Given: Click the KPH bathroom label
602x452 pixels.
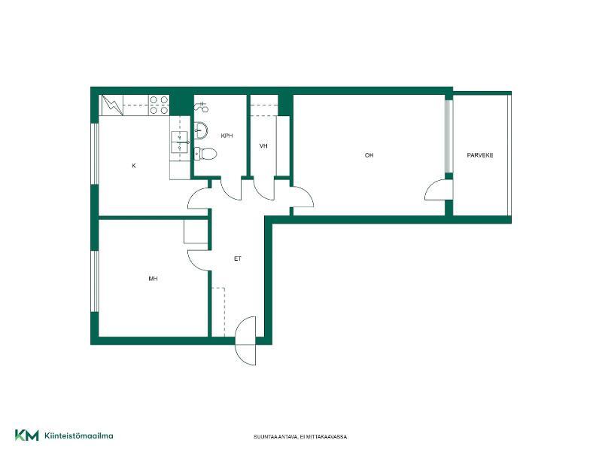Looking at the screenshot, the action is click(227, 136).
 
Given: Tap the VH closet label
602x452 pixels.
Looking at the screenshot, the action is click(263, 146).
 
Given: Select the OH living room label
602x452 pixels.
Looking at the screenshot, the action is click(369, 155).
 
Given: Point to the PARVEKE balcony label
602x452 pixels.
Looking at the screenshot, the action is click(480, 155).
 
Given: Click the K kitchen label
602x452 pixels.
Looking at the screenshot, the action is click(134, 166).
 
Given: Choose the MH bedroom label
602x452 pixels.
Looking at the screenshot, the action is click(153, 278).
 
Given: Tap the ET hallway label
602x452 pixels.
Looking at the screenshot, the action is click(238, 258).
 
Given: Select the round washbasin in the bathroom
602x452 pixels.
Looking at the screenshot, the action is click(201, 130).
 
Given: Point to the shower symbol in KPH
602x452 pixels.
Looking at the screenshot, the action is click(201, 107).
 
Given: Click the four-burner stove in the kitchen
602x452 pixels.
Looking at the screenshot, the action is click(159, 105).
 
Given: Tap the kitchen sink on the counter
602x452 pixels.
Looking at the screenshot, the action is click(180, 142).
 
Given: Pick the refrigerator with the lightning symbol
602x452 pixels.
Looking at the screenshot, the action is click(112, 105).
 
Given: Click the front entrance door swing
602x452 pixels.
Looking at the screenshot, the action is click(246, 341).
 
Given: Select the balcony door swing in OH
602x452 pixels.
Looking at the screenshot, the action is click(436, 190).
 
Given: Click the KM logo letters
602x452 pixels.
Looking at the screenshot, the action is click(27, 435).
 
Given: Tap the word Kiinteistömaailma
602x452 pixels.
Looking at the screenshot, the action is click(79, 436).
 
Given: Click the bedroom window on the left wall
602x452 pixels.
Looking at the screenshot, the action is click(95, 281).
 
